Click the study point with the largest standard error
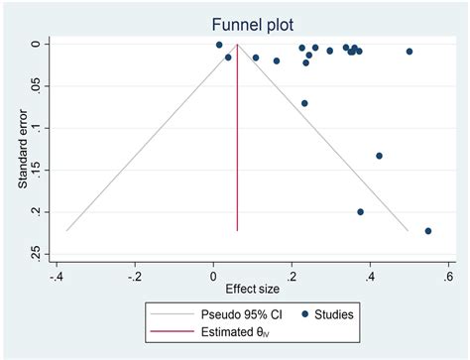pyautogui.click(x=428, y=231)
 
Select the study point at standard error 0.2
pyautogui.click(x=360, y=211)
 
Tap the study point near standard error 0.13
pyautogui.click(x=379, y=156)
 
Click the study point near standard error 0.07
pyautogui.click(x=304, y=103)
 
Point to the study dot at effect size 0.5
pyautogui.click(x=410, y=52)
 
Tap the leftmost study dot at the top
pyautogui.click(x=219, y=46)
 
